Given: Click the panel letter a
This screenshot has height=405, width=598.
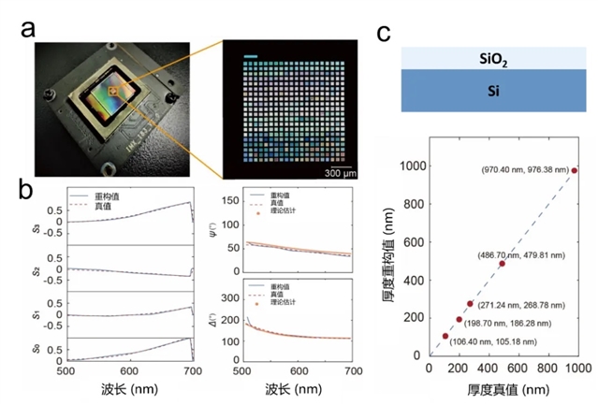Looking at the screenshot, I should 28,32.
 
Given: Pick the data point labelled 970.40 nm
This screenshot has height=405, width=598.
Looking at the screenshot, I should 575,170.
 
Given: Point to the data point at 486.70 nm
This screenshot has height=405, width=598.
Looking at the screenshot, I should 502,264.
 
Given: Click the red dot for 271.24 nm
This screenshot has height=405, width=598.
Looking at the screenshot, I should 470,304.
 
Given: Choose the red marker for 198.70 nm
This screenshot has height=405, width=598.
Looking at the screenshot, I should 459,320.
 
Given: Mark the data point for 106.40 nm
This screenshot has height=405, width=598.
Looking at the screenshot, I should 445,336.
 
